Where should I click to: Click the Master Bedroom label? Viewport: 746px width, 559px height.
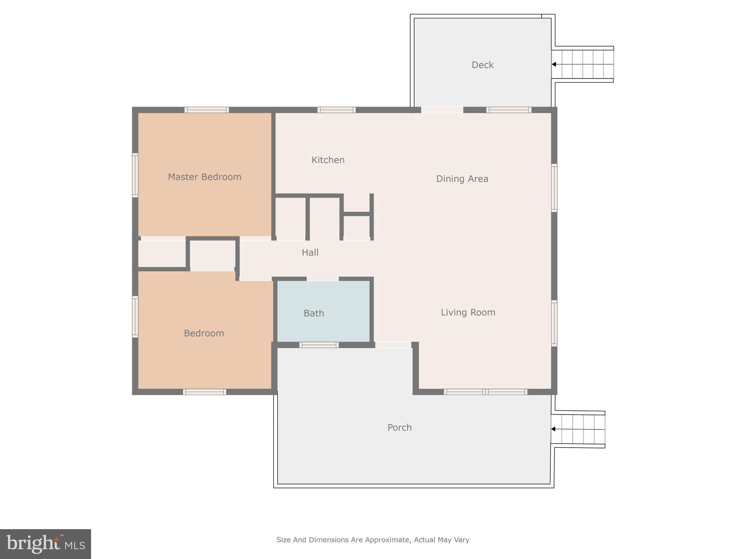pyautogui.click(x=204, y=177)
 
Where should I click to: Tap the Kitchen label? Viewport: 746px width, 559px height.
pyautogui.click(x=328, y=160)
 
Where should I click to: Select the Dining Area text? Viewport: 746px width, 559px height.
pyautogui.click(x=462, y=179)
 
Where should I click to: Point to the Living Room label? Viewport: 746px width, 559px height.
pyautogui.click(x=468, y=312)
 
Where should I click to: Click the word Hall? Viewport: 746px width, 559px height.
pyautogui.click(x=310, y=253)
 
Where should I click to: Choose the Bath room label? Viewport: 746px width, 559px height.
pyautogui.click(x=314, y=313)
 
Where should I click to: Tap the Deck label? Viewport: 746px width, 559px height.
pyautogui.click(x=482, y=65)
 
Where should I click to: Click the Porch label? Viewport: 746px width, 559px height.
pyautogui.click(x=399, y=428)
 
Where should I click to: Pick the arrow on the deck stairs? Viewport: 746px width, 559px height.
pyautogui.click(x=554, y=64)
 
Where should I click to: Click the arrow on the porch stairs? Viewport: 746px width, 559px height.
pyautogui.click(x=553, y=429)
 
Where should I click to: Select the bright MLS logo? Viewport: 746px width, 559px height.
pyautogui.click(x=46, y=544)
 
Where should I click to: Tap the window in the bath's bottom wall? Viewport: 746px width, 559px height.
pyautogui.click(x=319, y=345)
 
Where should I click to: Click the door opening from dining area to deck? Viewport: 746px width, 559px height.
pyautogui.click(x=442, y=110)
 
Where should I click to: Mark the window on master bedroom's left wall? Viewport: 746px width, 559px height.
pyautogui.click(x=135, y=175)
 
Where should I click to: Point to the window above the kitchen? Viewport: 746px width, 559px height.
pyautogui.click(x=336, y=110)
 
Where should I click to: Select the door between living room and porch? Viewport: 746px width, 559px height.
pyautogui.click(x=393, y=345)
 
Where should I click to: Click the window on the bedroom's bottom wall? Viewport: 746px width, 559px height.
pyautogui.click(x=204, y=392)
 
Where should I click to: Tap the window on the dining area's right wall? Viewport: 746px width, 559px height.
pyautogui.click(x=554, y=188)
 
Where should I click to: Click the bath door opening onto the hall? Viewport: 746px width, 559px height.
pyautogui.click(x=322, y=279)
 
